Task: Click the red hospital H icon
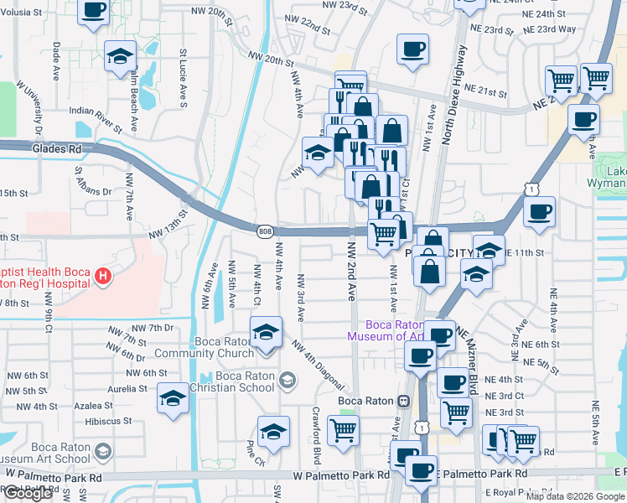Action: (x=102, y=276)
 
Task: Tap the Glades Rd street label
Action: (x=57, y=148)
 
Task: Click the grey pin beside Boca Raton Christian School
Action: (x=288, y=381)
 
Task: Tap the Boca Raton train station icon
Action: (x=403, y=401)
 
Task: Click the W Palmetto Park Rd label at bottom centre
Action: (x=341, y=475)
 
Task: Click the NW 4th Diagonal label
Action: (x=319, y=365)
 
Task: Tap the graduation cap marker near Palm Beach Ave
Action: (x=121, y=56)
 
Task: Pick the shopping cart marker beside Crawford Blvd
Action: (x=343, y=431)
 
